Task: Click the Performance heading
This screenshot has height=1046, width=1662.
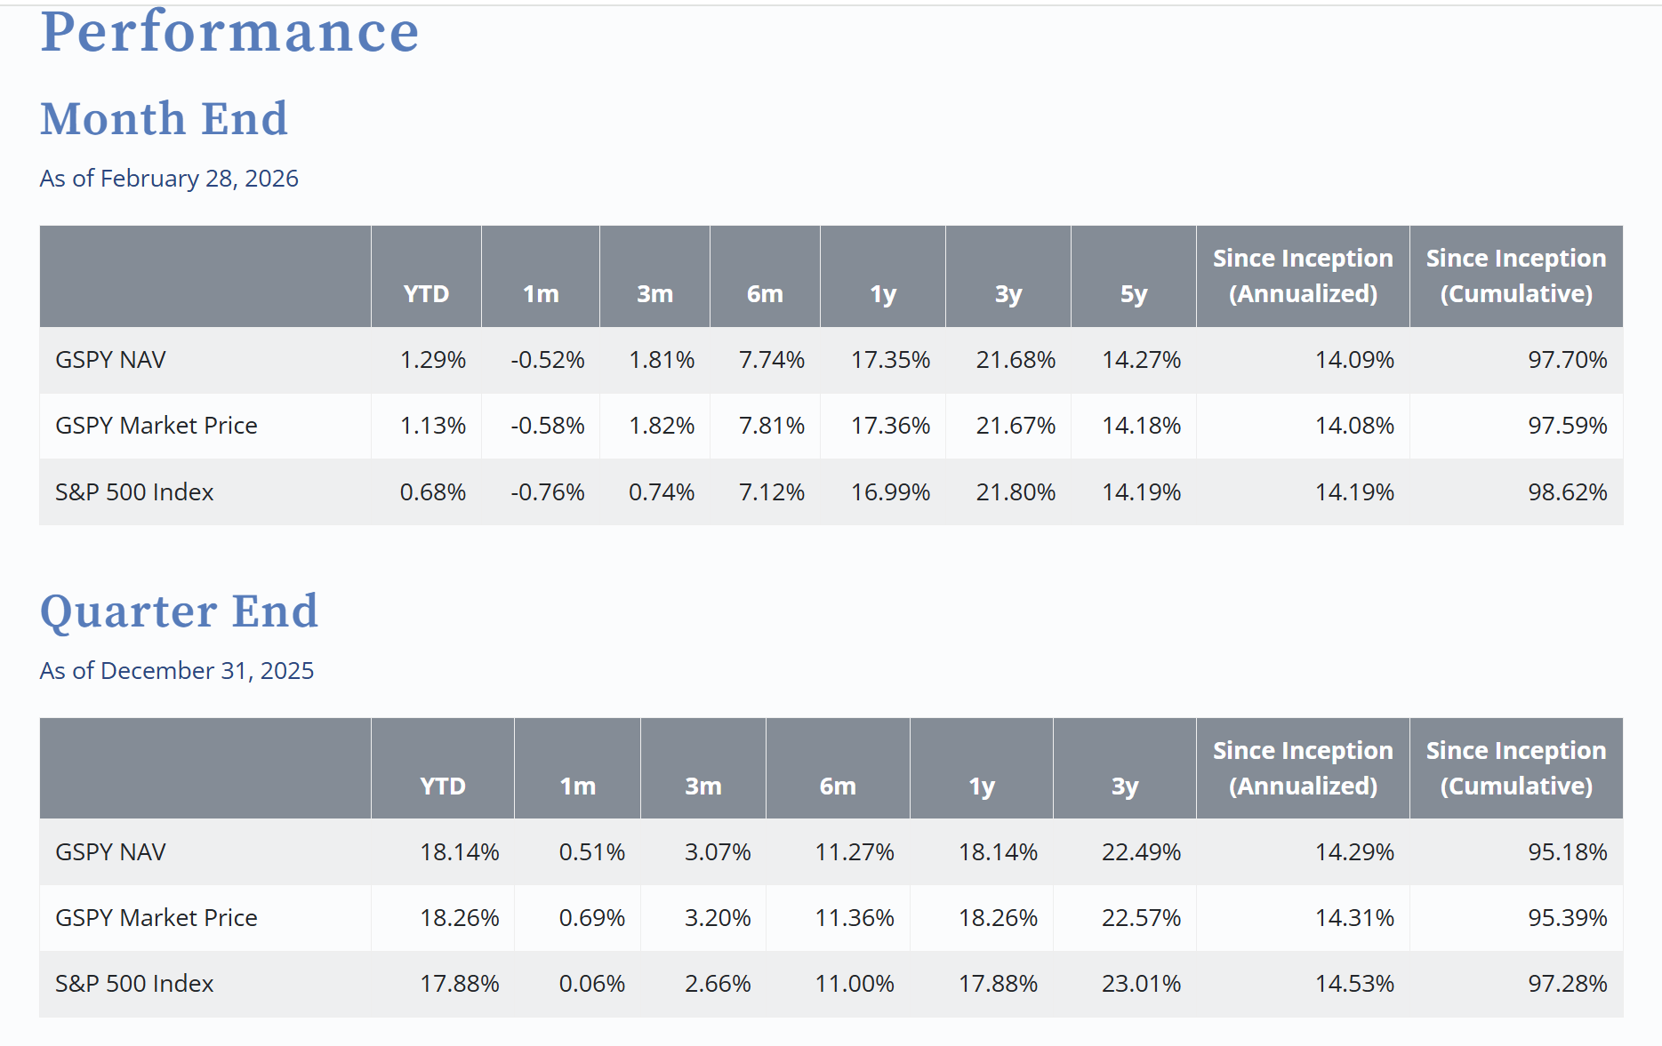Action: point(229,32)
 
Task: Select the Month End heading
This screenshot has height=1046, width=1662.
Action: point(165,119)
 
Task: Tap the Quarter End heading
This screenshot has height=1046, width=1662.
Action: point(179,611)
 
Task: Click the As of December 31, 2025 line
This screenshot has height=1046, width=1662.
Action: point(177,670)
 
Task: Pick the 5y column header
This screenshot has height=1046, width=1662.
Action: point(1134,294)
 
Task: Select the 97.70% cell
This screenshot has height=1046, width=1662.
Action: point(1568,360)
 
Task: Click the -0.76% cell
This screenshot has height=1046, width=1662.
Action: point(548,492)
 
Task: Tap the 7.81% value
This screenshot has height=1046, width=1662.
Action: point(772,426)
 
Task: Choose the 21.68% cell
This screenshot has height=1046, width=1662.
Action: point(1016,360)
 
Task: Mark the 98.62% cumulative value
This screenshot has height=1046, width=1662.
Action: point(1568,492)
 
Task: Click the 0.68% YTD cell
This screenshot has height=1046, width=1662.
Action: point(433,492)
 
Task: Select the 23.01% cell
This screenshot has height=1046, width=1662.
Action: point(1142,984)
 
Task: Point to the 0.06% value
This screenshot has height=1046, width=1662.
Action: point(592,984)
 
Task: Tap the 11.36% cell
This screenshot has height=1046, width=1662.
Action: point(855,918)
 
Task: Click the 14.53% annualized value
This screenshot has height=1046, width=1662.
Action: point(1354,984)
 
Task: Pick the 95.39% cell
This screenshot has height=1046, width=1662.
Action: point(1568,918)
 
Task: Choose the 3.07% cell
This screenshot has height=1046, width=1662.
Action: point(718,852)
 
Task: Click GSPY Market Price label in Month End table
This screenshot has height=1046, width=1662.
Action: point(157,426)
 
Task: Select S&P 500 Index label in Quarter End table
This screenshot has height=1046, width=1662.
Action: point(134,984)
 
